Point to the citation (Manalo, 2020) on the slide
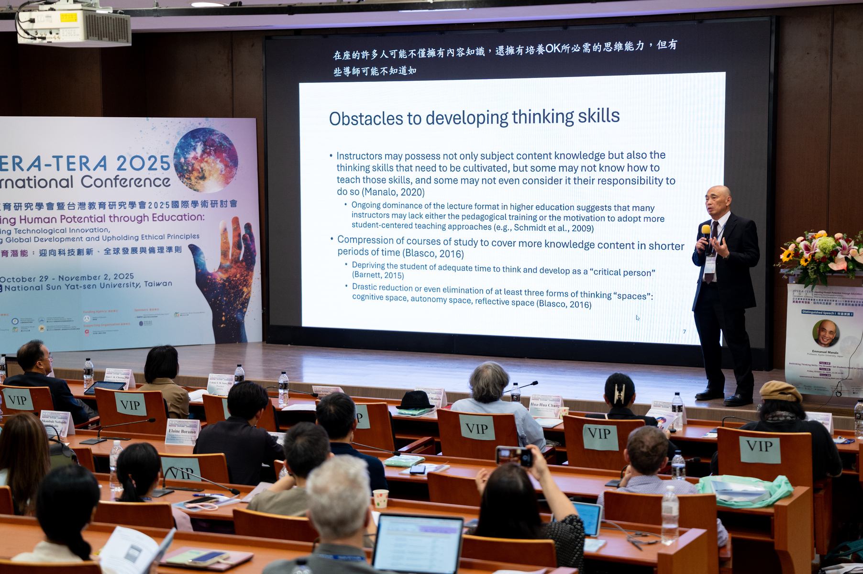click(393, 192)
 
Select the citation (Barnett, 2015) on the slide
click(378, 276)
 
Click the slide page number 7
click(684, 331)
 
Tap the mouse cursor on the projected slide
click(637, 318)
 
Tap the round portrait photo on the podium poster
click(826, 333)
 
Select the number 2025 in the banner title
click(143, 164)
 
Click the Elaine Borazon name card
click(182, 432)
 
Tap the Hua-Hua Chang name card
click(545, 406)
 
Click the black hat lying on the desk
click(415, 400)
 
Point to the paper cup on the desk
click(380, 498)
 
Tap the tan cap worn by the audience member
click(779, 391)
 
